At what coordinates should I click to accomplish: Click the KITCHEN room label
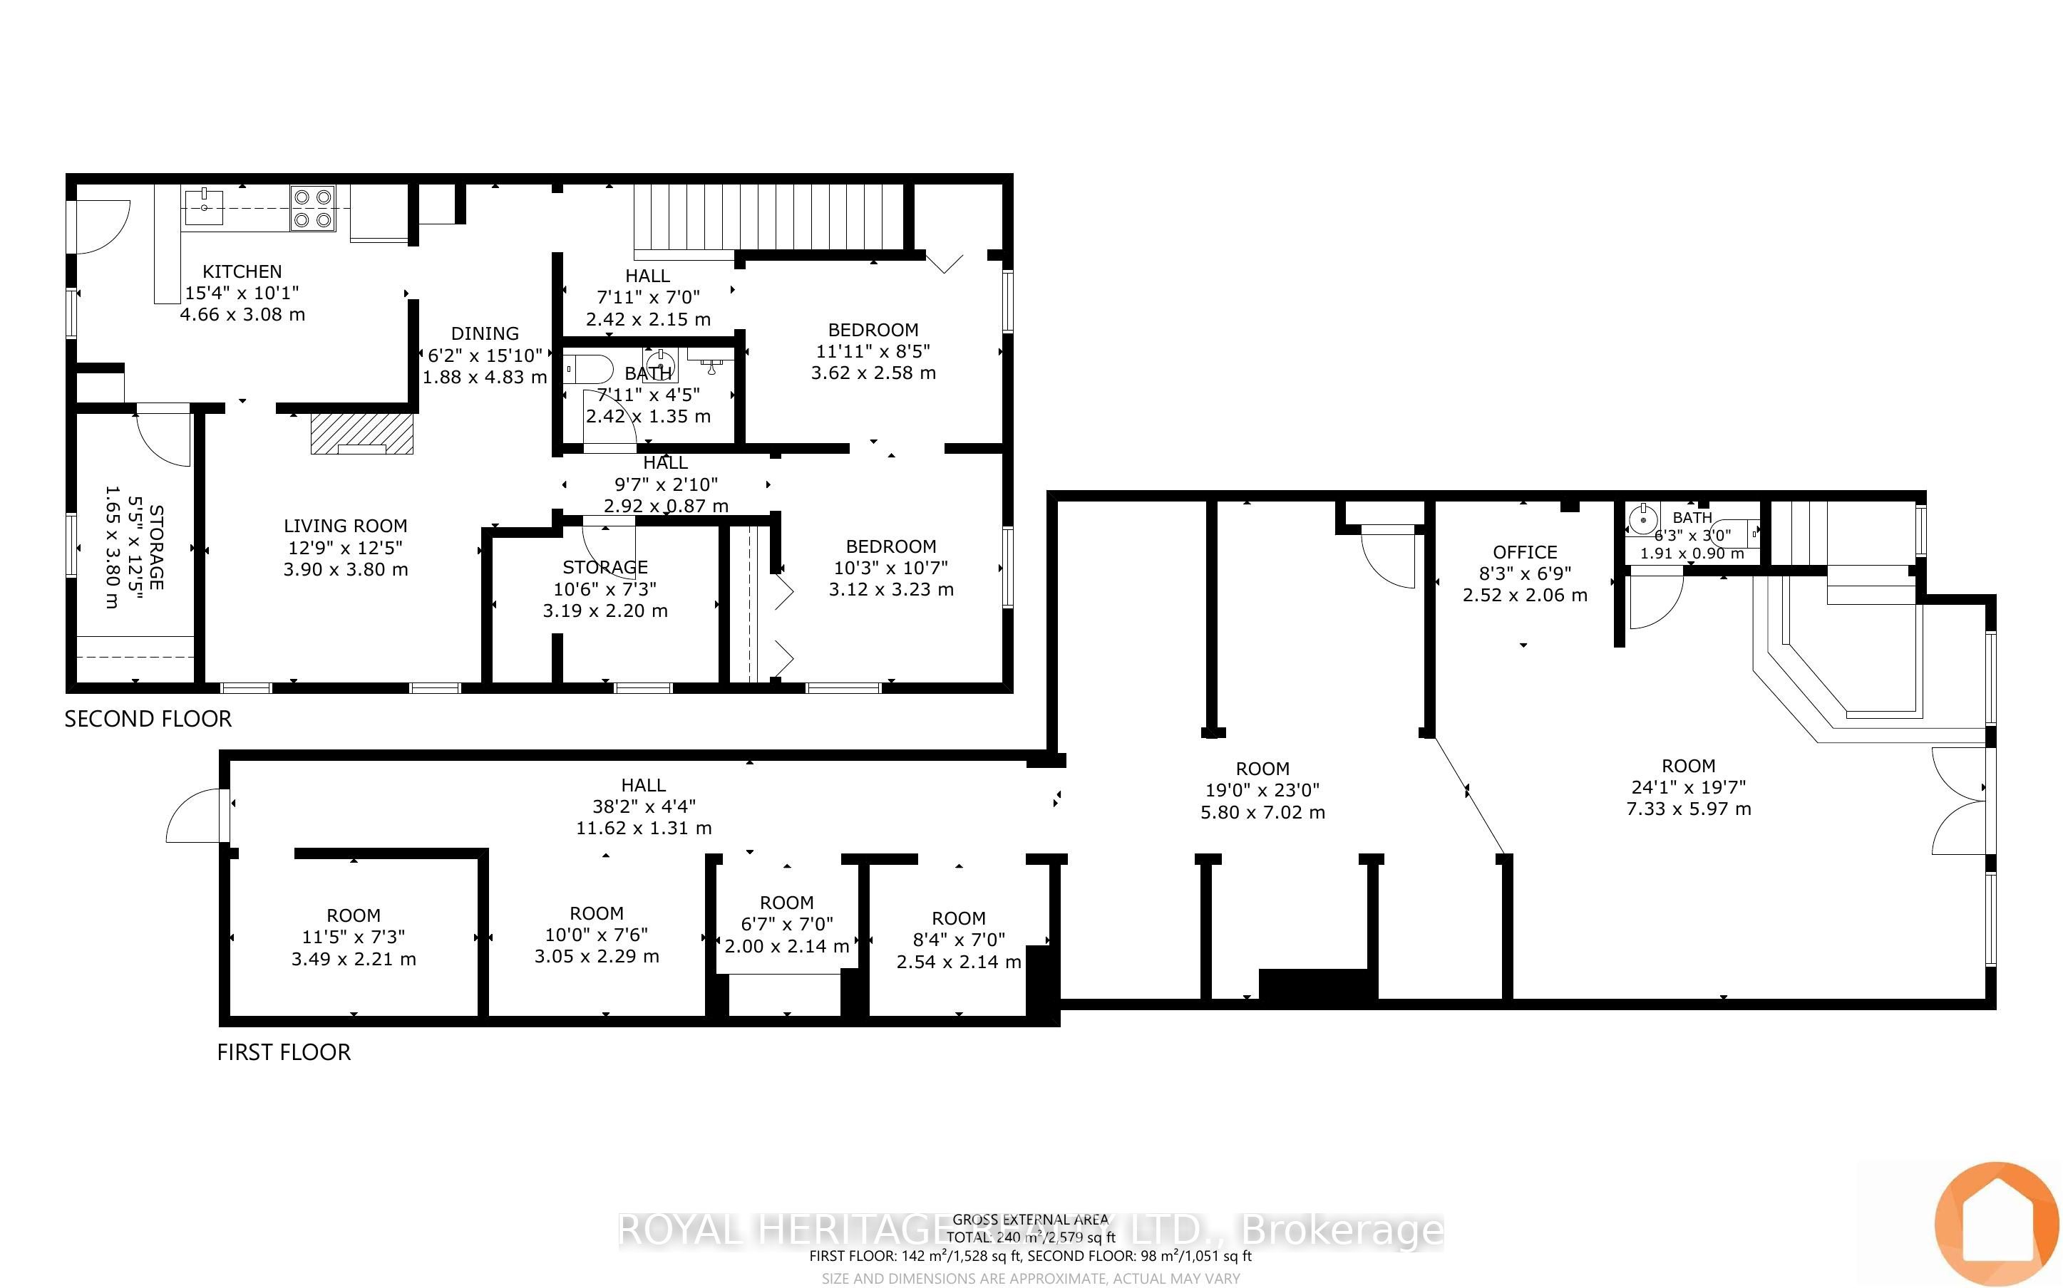pyautogui.click(x=242, y=271)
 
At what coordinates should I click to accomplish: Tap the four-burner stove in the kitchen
pyautogui.click(x=312, y=208)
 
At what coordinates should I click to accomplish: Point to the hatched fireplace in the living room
pyautogui.click(x=361, y=434)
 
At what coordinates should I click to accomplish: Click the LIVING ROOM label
pyautogui.click(x=345, y=526)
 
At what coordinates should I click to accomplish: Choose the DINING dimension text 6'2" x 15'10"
pyautogui.click(x=485, y=355)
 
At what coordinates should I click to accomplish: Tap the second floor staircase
pyautogui.click(x=767, y=217)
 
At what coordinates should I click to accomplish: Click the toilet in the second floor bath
pyautogui.click(x=589, y=370)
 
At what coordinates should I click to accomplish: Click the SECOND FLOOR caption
pyautogui.click(x=148, y=719)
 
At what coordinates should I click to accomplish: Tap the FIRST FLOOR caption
pyautogui.click(x=284, y=1052)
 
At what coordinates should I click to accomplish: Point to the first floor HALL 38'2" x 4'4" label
pyautogui.click(x=644, y=806)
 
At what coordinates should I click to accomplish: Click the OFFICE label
pyautogui.click(x=1525, y=553)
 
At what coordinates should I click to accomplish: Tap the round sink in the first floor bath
pyautogui.click(x=1642, y=518)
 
